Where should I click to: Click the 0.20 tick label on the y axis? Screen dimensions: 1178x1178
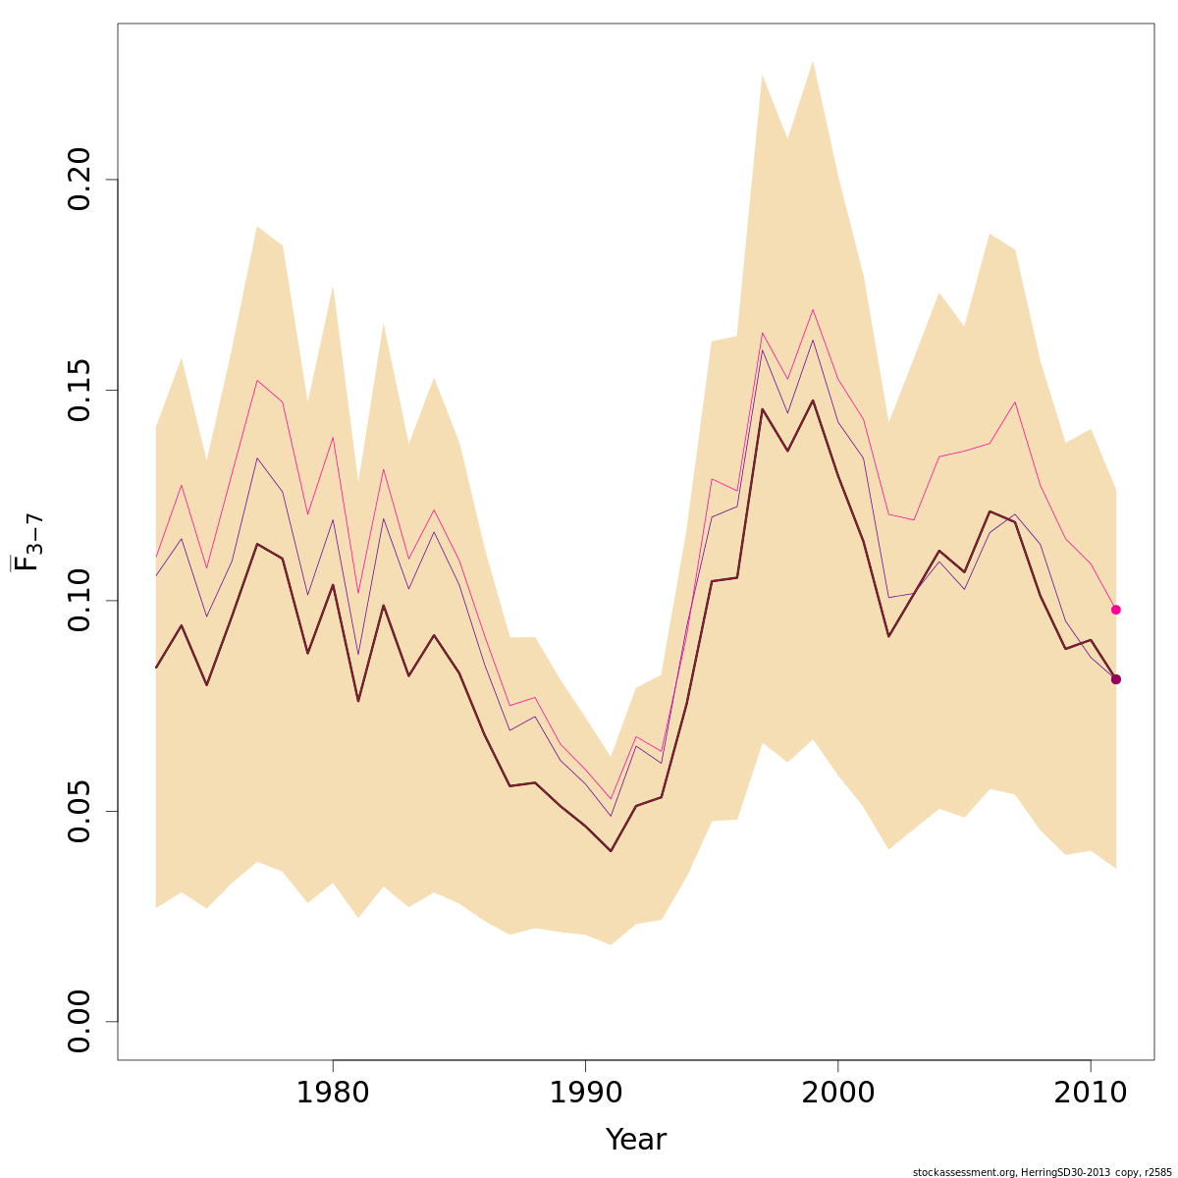click(x=79, y=180)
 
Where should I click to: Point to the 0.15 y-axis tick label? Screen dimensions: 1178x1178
click(x=79, y=390)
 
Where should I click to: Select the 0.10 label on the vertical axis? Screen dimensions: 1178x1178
click(x=79, y=601)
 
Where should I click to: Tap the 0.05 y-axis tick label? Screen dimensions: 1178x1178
click(x=79, y=811)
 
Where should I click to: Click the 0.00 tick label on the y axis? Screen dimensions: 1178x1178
click(x=79, y=1021)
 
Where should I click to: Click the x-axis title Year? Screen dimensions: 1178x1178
click(x=635, y=1140)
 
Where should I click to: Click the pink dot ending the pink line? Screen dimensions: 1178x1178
click(x=1116, y=610)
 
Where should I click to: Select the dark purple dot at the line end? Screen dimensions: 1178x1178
click(x=1116, y=679)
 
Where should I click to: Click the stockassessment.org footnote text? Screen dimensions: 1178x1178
click(x=1042, y=1172)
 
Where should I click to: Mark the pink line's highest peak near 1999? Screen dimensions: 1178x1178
click(x=813, y=310)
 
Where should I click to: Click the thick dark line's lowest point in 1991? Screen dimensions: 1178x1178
click(x=611, y=851)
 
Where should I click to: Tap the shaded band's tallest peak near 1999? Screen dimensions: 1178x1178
click(x=813, y=62)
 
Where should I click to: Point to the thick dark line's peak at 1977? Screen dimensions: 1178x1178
click(x=257, y=544)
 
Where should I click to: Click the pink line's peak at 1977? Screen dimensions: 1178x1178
click(x=257, y=380)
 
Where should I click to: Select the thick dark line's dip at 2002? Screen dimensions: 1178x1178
click(x=888, y=637)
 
